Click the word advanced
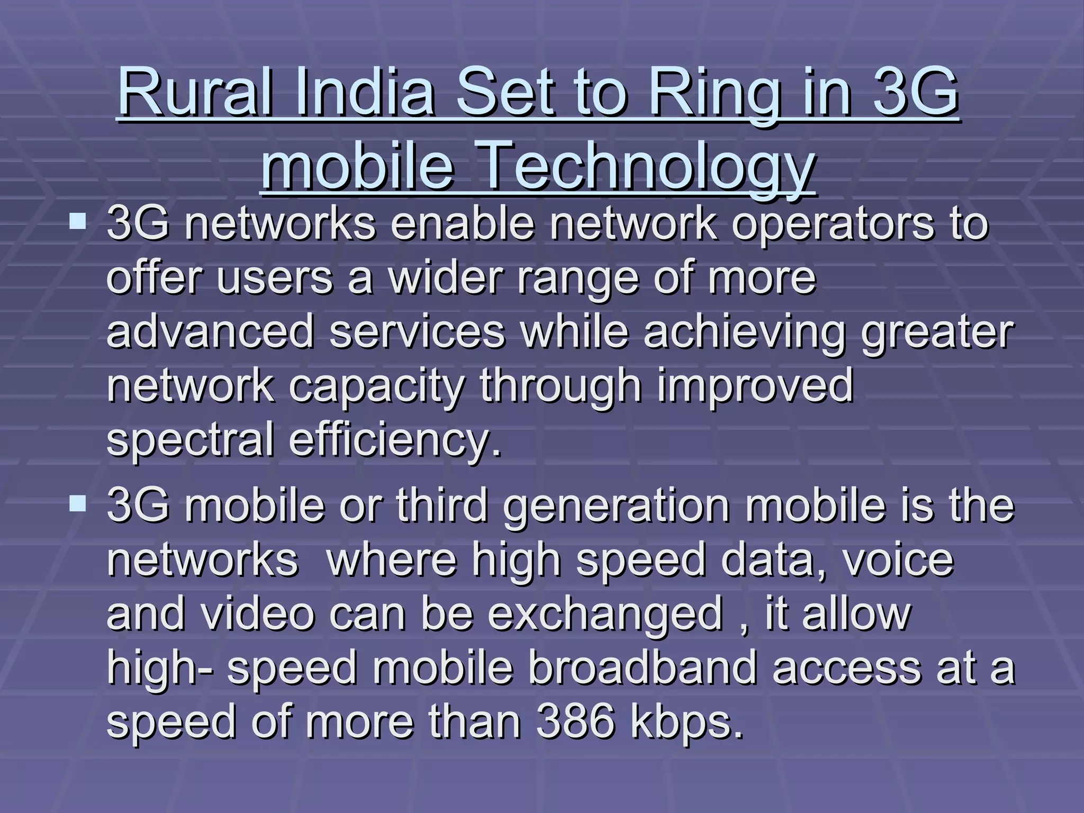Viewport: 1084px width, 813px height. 211,332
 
